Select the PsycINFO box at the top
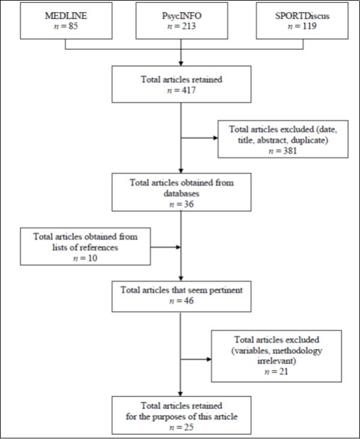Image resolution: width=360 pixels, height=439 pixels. [x=181, y=22]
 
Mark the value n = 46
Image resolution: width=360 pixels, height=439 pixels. [x=181, y=300]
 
